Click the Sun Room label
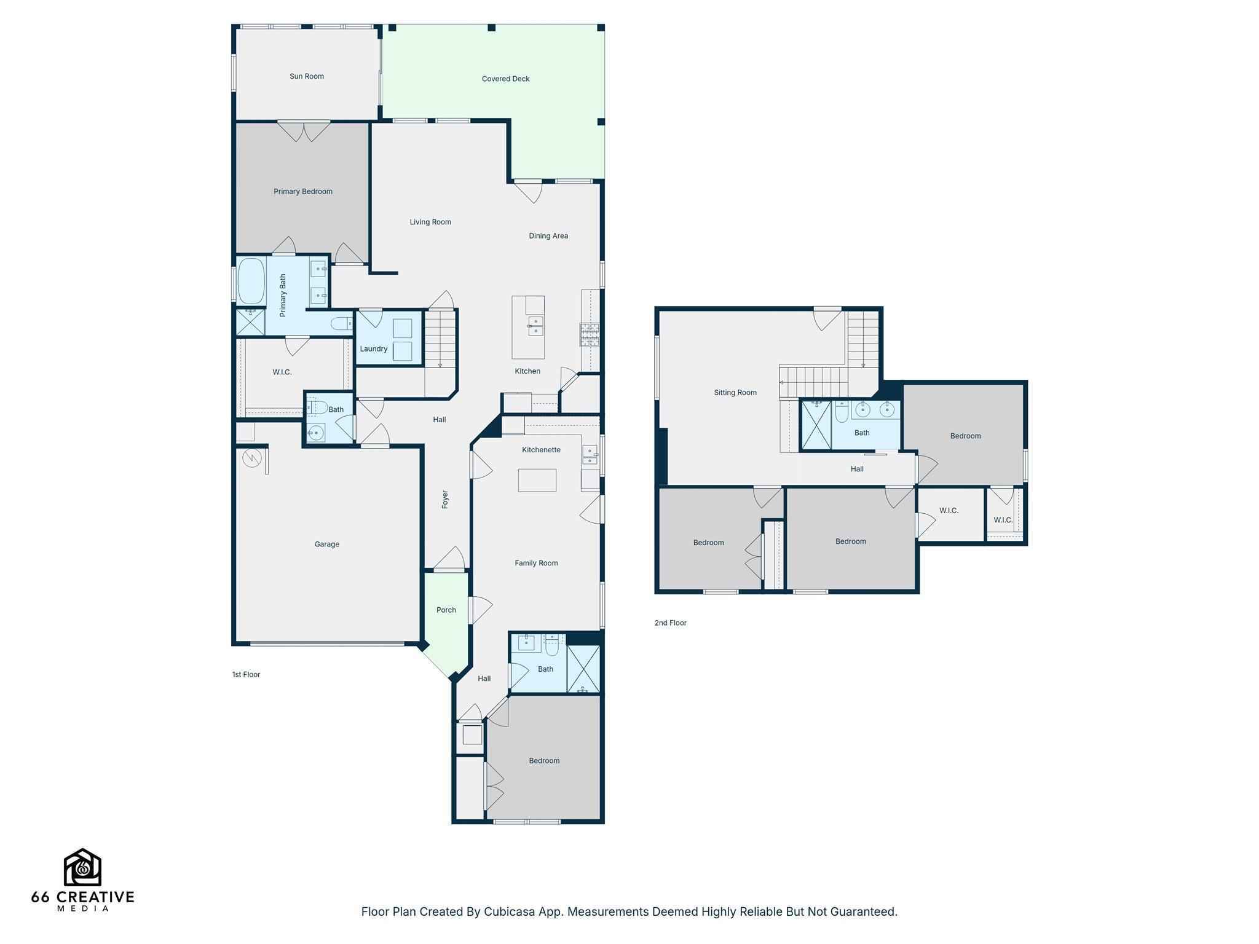coord(307,76)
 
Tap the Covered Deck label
coord(505,79)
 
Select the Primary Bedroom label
coord(303,192)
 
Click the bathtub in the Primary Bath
coord(251,281)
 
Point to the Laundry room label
coord(374,349)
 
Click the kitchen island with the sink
coord(528,327)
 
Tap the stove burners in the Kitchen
coord(590,334)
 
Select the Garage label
coord(327,545)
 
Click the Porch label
coord(446,610)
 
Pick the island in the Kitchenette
coord(537,480)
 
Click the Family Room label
coord(536,563)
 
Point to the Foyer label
coord(445,499)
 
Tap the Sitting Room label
coord(735,393)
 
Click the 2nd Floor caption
coord(670,623)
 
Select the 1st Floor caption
coord(246,675)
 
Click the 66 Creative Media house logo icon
coord(82,867)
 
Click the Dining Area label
coord(548,236)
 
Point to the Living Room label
coord(430,222)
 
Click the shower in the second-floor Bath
coord(816,425)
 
